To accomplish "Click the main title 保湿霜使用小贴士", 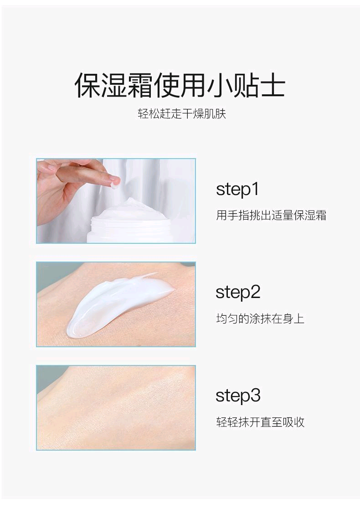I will (x=180, y=85).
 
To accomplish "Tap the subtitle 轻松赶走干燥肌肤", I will (x=182, y=113).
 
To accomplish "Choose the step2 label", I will (x=238, y=292).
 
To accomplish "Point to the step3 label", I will (x=238, y=396).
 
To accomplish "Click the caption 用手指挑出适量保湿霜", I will (x=271, y=215).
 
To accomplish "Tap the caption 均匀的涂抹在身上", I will (x=260, y=319).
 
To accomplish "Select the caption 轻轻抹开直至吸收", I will (x=260, y=422).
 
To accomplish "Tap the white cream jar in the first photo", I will (x=137, y=223).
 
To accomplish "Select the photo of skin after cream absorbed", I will (x=116, y=408).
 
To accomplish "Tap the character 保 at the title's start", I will (x=88, y=85).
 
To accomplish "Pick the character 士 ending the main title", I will (x=272, y=85).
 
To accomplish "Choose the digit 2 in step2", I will (x=254, y=292).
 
